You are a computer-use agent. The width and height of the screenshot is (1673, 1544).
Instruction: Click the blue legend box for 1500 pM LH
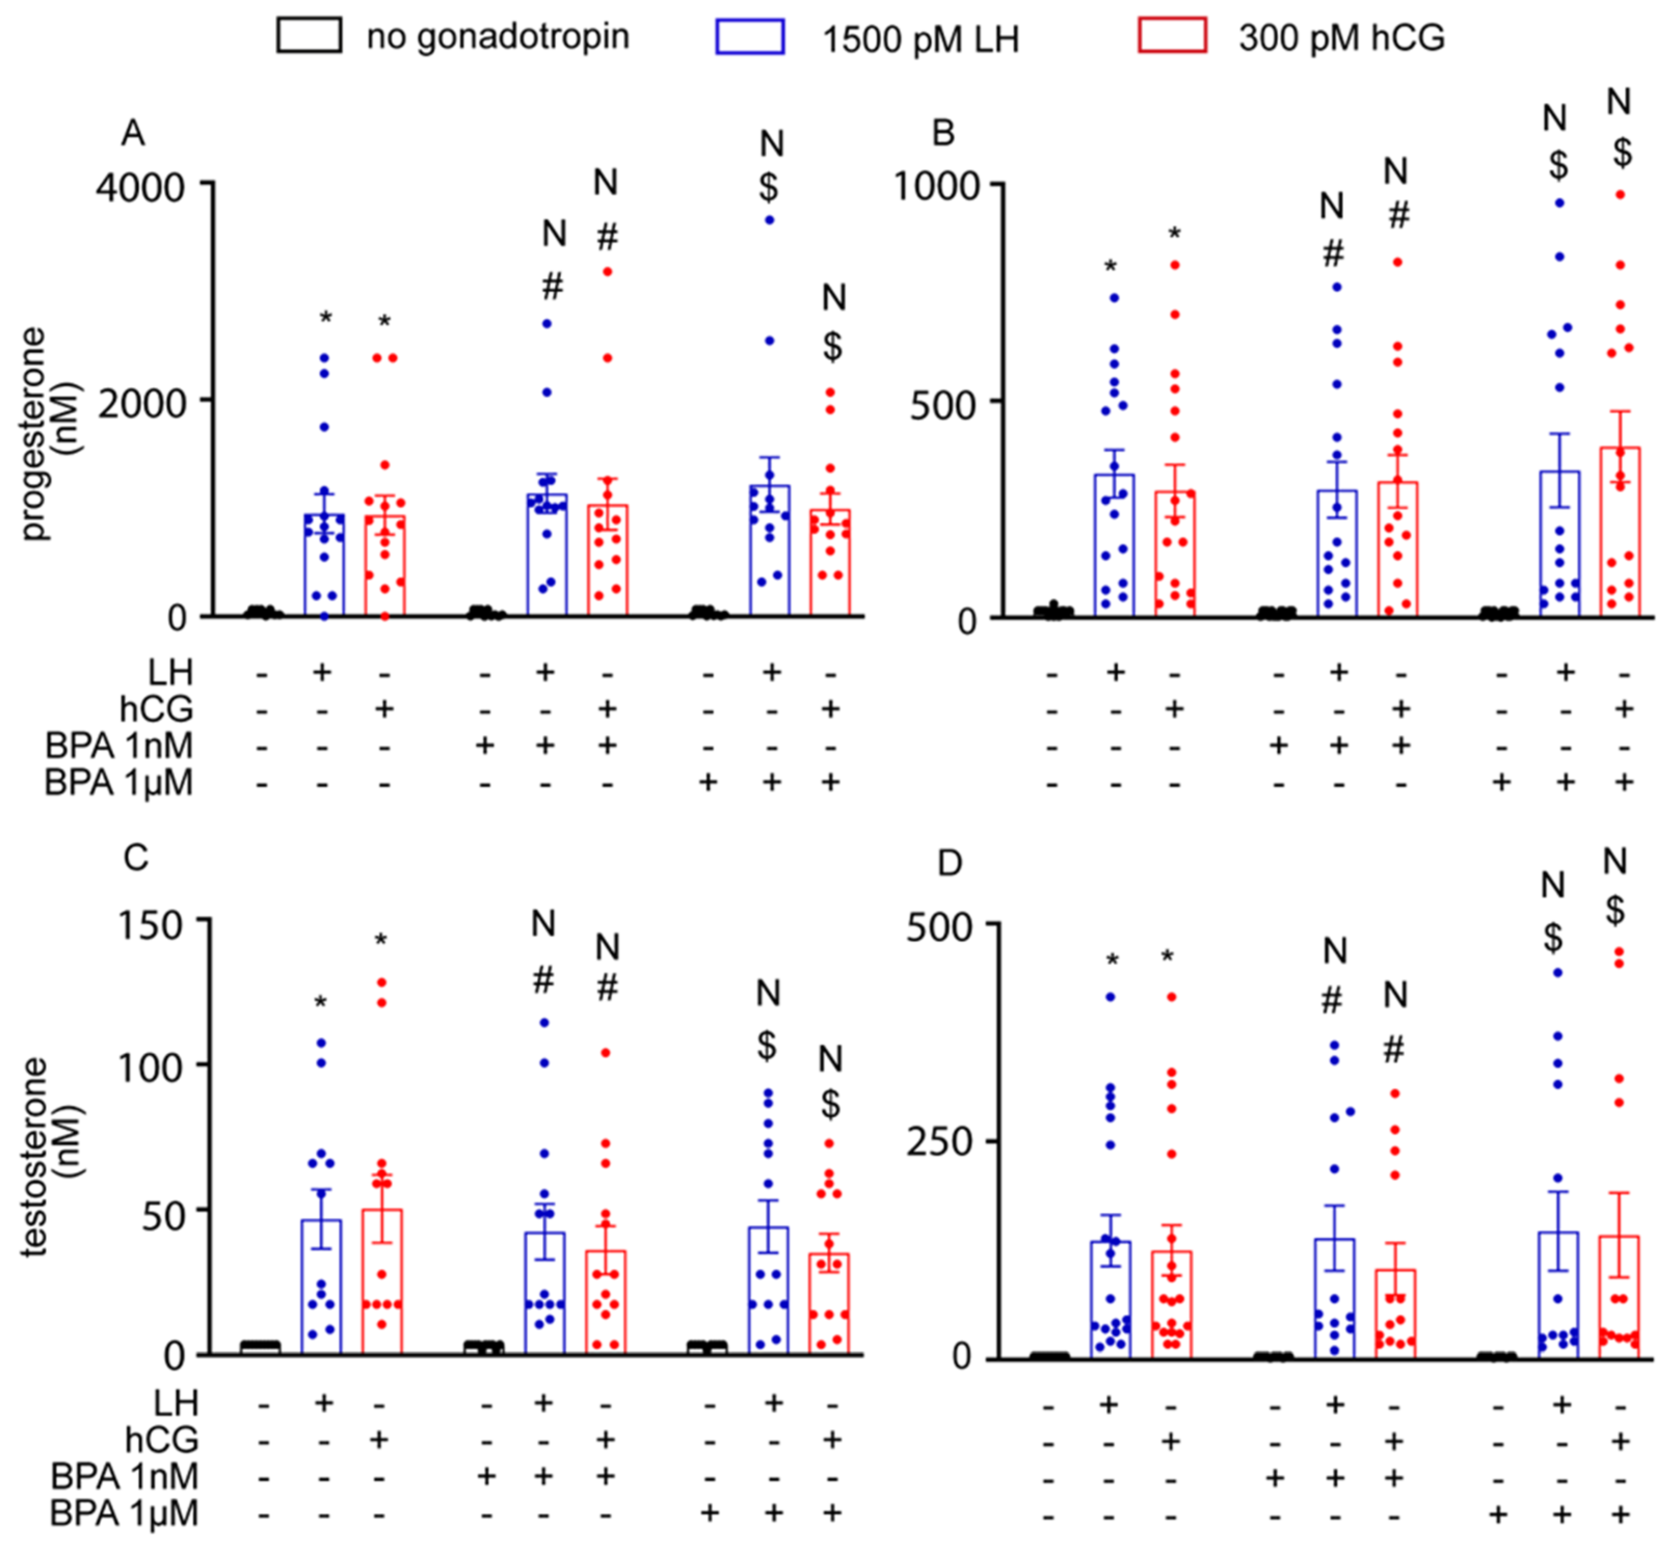click(x=749, y=37)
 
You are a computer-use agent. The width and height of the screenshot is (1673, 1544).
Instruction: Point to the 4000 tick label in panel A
click(x=140, y=187)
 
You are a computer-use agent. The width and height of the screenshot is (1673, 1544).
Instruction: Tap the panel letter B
click(x=943, y=132)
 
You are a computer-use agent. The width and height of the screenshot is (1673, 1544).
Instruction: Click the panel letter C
click(x=136, y=857)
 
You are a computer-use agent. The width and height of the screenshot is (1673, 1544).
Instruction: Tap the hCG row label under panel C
click(x=162, y=1440)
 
